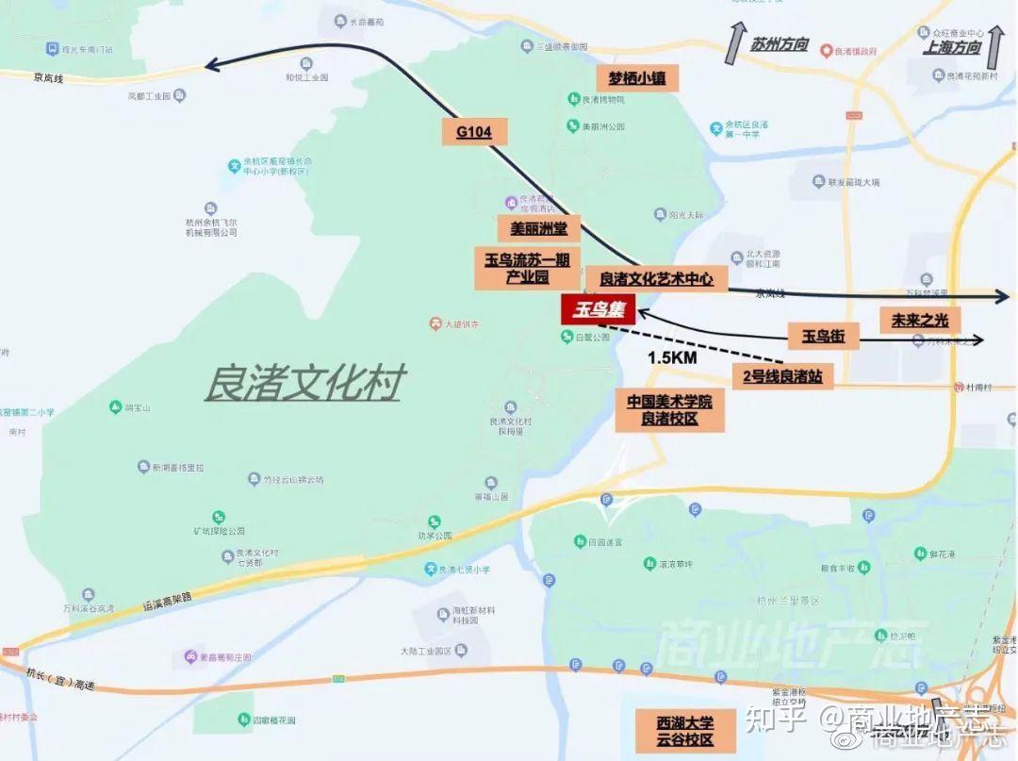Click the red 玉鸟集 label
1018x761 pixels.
(x=598, y=309)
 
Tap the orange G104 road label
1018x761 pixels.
(x=473, y=132)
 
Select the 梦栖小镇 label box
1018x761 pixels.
(x=637, y=78)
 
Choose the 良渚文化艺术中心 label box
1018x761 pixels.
(x=656, y=279)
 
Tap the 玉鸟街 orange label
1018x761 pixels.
(x=823, y=336)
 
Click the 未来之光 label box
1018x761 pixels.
(x=919, y=321)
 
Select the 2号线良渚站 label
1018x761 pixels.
(x=782, y=377)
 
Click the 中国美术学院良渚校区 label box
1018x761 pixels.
(x=669, y=410)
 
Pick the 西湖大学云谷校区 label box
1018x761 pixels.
(x=685, y=732)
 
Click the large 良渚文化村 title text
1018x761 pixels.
(x=305, y=384)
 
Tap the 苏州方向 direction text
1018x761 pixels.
(x=780, y=44)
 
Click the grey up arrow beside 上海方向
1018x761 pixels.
(x=995, y=43)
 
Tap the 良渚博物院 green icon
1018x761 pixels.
(x=574, y=99)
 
